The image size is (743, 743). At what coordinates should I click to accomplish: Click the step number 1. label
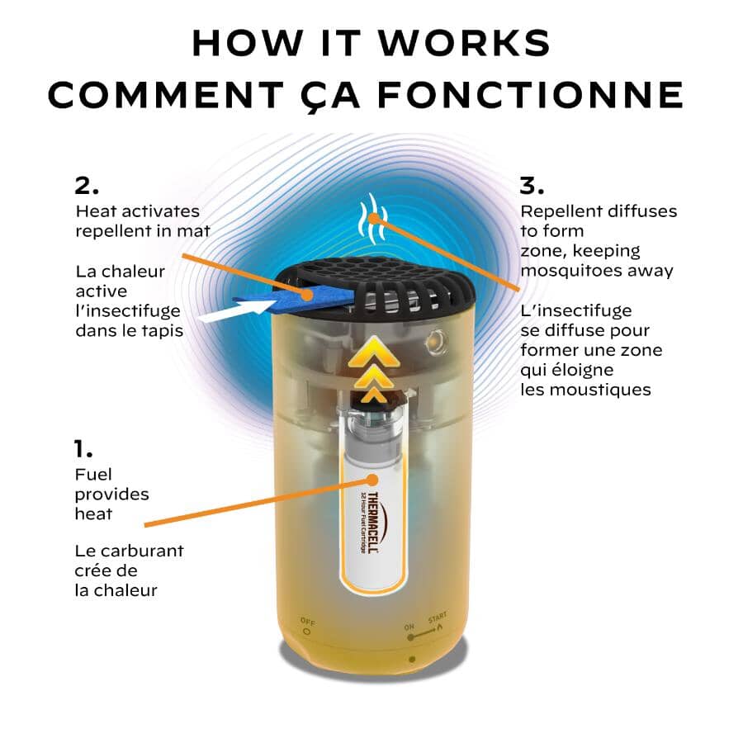83,449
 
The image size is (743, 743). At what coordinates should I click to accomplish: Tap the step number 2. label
87,185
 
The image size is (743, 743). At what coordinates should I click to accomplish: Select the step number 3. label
532,185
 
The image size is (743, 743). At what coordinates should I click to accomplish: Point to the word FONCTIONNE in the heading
531,95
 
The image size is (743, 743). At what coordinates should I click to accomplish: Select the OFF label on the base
308,621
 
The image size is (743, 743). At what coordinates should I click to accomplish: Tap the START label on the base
438,618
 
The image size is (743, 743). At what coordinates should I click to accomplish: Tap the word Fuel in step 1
93,475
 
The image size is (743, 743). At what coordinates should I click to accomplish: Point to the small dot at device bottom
412,659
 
